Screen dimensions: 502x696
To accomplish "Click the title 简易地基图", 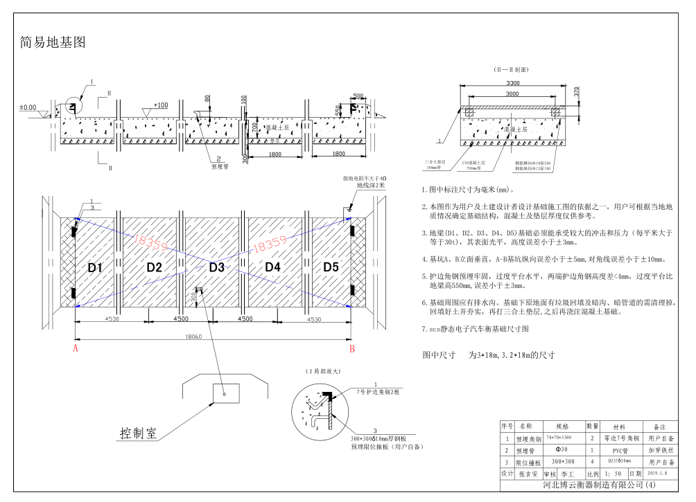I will coord(53,43).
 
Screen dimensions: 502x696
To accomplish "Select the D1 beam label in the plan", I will coord(95,267).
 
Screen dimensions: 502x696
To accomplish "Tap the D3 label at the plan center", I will coord(216,267).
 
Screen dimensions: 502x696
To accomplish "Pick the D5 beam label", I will coord(331,267).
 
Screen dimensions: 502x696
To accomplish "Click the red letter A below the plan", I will coord(75,350).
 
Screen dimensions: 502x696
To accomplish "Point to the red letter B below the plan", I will coord(351,350).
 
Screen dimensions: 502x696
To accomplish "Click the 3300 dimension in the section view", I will coord(512,82).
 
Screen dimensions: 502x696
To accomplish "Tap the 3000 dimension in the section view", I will coord(512,93).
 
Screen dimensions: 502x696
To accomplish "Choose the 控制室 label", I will coord(139,434).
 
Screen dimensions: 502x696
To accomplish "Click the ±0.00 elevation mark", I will coord(28,107).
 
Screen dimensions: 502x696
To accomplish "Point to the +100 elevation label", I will coord(161,105).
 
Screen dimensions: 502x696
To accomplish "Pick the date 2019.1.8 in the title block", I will coord(658,474).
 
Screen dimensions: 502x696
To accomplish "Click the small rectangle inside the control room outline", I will coord(225,392).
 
